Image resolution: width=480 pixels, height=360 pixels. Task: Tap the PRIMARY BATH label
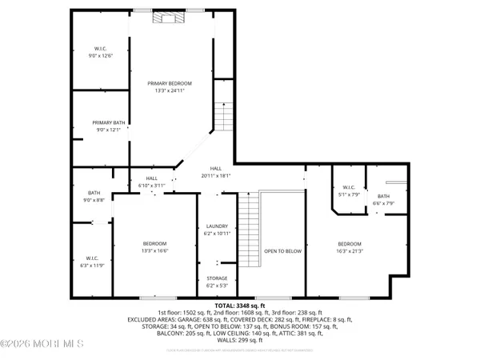[x=106, y=123]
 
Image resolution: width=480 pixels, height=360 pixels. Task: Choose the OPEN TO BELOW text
[x=282, y=250]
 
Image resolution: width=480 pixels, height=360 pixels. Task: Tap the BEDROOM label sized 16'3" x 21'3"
[x=349, y=244]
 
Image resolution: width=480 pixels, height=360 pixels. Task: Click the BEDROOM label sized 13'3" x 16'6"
[x=154, y=244]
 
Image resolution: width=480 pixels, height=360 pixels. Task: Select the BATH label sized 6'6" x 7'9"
[x=383, y=197]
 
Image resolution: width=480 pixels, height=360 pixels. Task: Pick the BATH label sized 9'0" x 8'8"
[x=94, y=193]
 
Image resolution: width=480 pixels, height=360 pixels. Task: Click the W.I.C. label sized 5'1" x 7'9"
[x=349, y=187]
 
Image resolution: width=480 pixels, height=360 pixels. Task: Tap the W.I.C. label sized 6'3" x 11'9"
[x=94, y=258]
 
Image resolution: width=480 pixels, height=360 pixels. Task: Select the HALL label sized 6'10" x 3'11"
[x=151, y=178]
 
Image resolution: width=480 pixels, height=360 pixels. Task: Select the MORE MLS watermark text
[x=42, y=345]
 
